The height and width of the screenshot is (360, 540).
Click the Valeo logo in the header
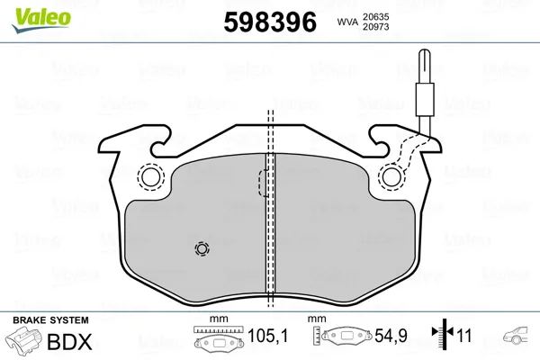tap(41, 20)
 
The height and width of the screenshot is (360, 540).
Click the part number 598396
tap(270, 22)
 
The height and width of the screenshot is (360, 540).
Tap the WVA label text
tap(347, 22)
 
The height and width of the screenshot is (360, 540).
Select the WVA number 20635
tap(375, 16)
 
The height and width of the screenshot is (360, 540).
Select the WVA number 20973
tap(375, 26)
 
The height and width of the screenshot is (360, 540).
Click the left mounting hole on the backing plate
tap(151, 177)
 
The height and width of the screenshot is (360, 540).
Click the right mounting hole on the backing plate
tap(391, 177)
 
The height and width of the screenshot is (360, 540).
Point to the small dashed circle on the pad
tap(202, 248)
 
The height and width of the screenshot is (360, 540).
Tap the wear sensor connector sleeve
tap(425, 99)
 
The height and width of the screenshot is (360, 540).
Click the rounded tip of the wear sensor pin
tap(425, 51)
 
